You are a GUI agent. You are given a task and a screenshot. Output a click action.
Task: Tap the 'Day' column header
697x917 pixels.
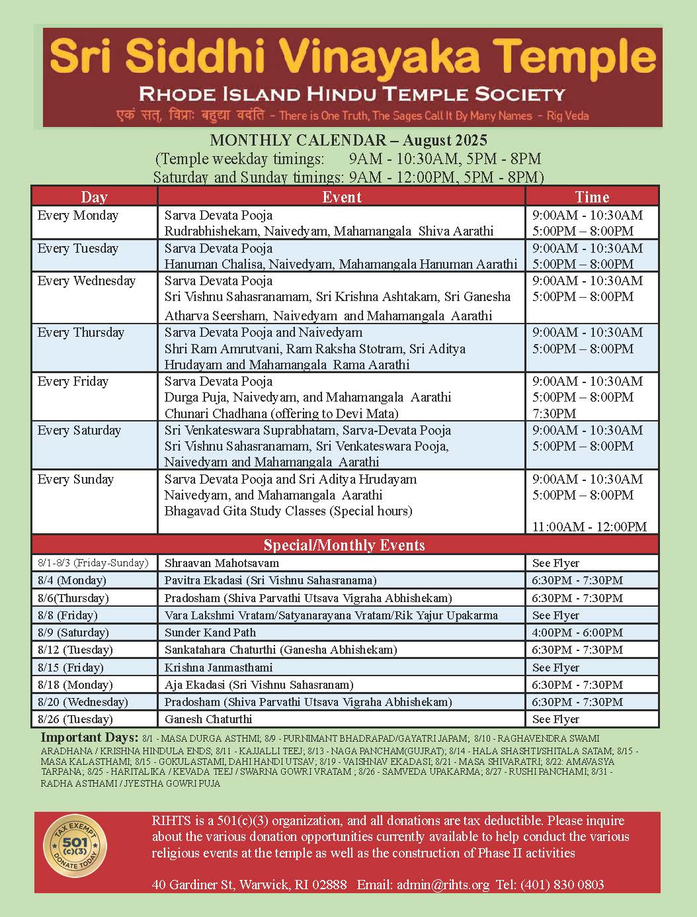tap(94, 196)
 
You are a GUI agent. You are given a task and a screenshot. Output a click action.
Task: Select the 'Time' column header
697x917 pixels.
tap(592, 196)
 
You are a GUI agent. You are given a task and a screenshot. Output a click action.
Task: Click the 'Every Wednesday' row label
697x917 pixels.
tap(87, 281)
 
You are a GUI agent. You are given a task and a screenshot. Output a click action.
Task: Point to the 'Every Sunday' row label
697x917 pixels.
tap(75, 479)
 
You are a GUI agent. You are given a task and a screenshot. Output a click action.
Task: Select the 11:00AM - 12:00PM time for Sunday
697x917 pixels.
tap(589, 527)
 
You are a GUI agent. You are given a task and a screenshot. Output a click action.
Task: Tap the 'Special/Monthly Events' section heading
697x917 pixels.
tap(344, 545)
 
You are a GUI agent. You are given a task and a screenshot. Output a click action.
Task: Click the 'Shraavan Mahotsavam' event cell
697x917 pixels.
tap(222, 563)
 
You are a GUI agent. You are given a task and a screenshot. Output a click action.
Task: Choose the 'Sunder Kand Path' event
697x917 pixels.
tap(210, 633)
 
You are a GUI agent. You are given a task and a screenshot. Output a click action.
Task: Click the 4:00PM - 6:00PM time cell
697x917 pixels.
tap(577, 633)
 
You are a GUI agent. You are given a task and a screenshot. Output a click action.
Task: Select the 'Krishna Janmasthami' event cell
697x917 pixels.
tap(218, 668)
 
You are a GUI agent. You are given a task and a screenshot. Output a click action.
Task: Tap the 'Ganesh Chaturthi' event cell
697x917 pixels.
tap(208, 719)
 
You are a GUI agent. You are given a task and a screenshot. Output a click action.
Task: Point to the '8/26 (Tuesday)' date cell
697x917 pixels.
tap(75, 719)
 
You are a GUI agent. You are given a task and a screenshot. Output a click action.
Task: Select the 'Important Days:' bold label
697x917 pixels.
tap(89, 738)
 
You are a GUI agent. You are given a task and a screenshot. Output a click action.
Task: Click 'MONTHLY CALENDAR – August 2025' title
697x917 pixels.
tap(348, 140)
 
